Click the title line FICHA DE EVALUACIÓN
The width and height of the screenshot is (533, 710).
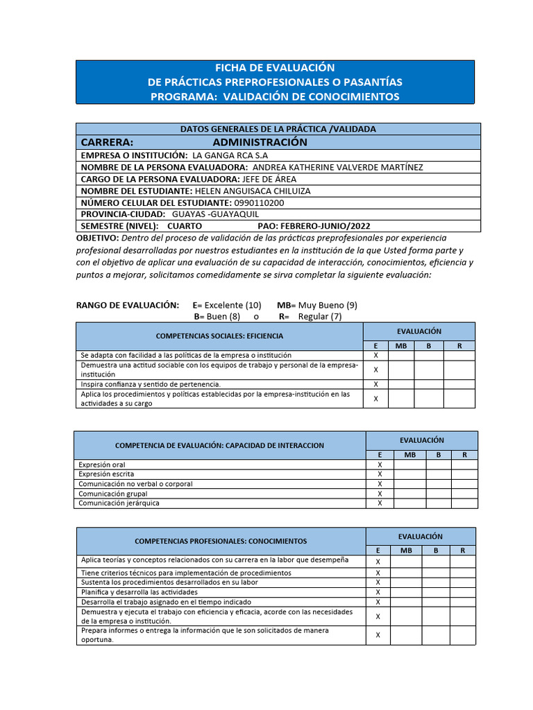click(x=275, y=67)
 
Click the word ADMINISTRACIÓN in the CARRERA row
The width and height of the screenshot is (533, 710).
click(x=260, y=142)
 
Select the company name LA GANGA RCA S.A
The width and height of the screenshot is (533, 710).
click(x=230, y=155)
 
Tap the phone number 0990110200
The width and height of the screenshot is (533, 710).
click(x=259, y=202)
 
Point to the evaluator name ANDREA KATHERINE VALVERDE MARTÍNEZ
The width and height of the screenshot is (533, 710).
click(x=337, y=167)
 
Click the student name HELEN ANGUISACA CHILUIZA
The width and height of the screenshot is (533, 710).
click(x=253, y=191)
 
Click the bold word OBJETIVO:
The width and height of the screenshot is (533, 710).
click(x=97, y=238)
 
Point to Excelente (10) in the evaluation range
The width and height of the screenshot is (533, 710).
click(x=232, y=305)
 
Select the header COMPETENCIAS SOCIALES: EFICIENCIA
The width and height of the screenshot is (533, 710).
click(x=219, y=336)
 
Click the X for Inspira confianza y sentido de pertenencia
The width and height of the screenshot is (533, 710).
click(x=375, y=384)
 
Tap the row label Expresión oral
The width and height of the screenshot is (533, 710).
click(x=102, y=465)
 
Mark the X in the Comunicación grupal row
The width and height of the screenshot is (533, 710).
click(x=380, y=494)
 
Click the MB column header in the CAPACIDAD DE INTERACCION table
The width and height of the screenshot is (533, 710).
click(x=409, y=454)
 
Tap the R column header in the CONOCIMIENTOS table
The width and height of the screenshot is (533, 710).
click(x=462, y=551)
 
